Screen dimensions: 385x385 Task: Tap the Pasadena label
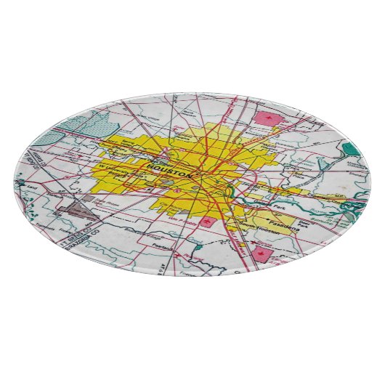pos(280,219)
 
